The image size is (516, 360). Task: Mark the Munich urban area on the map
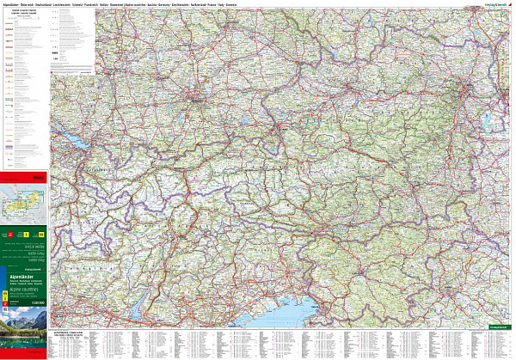coord(196,102)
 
